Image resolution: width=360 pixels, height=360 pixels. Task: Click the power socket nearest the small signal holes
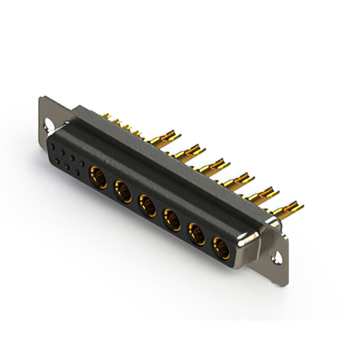98,179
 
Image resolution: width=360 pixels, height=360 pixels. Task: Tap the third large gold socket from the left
147,205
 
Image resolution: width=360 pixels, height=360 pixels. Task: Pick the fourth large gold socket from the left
171,218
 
